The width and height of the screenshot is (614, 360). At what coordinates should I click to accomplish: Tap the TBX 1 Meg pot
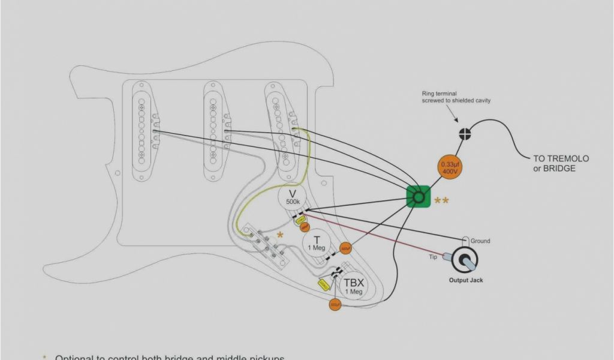(353, 286)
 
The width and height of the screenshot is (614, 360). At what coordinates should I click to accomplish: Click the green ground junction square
(419, 196)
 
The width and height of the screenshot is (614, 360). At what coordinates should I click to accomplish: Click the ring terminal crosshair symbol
(465, 133)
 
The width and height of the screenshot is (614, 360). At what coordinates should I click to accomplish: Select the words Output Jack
(466, 280)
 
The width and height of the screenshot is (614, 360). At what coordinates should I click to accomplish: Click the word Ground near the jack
(480, 241)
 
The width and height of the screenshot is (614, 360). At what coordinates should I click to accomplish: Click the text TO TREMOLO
(561, 159)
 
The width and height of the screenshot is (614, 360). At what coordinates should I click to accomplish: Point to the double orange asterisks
(441, 201)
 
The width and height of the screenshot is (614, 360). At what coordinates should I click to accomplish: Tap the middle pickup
(213, 129)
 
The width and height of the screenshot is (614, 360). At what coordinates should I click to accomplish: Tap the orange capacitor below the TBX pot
(335, 305)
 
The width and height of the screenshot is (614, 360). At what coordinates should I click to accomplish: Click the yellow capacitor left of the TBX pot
(323, 285)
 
